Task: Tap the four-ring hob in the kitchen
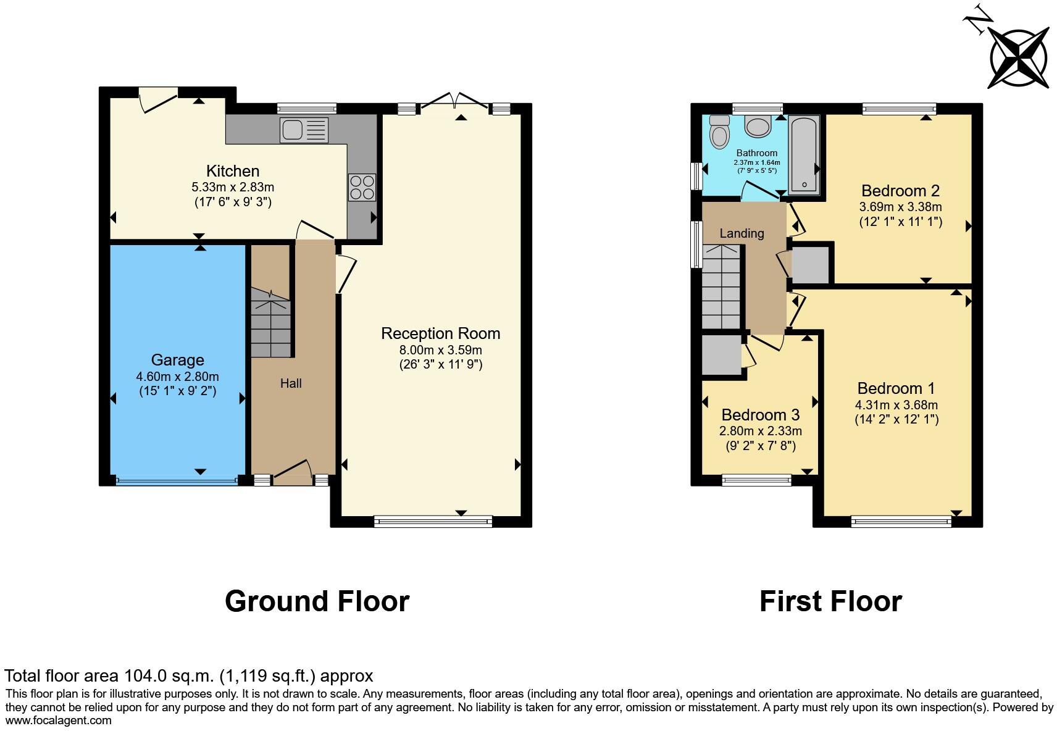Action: (362, 187)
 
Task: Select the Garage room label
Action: (177, 360)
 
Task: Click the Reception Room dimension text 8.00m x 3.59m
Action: (440, 350)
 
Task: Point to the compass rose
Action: (1019, 59)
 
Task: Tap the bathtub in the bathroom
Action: (804, 154)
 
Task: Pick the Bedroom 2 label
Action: (900, 190)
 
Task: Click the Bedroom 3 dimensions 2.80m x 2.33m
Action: (760, 431)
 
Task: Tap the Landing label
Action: (742, 233)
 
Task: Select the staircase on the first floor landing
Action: (721, 287)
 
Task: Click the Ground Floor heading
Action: (317, 601)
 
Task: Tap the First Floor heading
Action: (830, 601)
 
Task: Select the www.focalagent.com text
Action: (59, 720)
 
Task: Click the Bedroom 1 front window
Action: (901, 522)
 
